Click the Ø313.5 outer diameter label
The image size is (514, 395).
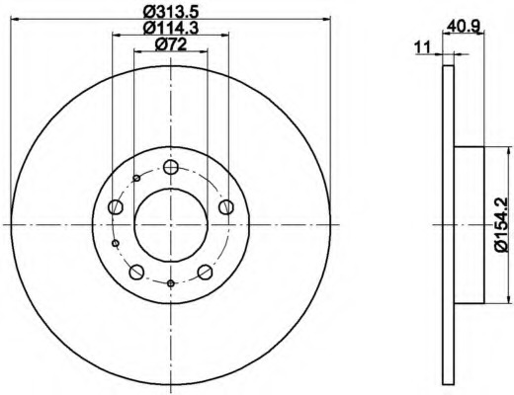172,12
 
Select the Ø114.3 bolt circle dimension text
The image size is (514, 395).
171,28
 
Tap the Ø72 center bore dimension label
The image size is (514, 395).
171,44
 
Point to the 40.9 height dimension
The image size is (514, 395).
465,26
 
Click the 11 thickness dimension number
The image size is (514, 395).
422,47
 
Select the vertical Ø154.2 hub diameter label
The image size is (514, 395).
505,225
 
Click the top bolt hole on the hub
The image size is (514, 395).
171,167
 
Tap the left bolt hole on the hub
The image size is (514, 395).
116,206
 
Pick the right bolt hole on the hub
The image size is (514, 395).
226,206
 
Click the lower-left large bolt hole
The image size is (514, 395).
136,272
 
